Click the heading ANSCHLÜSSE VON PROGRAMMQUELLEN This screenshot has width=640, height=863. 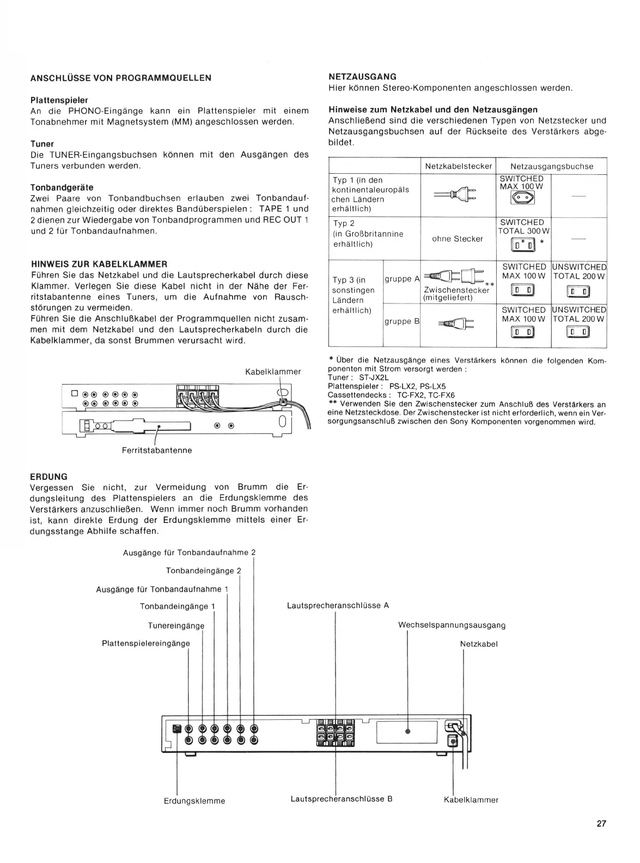point(121,78)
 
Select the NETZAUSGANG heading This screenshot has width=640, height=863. point(362,77)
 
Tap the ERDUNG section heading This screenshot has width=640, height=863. point(49,477)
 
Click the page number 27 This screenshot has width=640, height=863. point(601,823)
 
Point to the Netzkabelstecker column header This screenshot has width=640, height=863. point(458,166)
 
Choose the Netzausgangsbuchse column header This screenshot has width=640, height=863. point(551,166)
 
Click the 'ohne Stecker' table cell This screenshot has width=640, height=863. point(458,239)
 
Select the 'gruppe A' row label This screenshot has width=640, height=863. point(402,279)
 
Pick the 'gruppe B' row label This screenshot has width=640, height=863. point(402,321)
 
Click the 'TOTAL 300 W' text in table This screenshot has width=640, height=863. point(523,232)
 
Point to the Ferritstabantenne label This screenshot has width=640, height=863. point(156,451)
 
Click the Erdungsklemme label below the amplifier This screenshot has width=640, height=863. point(194,801)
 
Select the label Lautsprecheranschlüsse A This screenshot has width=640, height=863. point(338,605)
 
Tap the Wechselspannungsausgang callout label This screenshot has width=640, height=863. point(452,625)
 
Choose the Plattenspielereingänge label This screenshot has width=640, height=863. point(146,643)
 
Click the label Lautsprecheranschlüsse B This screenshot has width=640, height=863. point(342,799)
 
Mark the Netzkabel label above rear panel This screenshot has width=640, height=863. point(479,644)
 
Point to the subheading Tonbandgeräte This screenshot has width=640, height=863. point(62,187)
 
